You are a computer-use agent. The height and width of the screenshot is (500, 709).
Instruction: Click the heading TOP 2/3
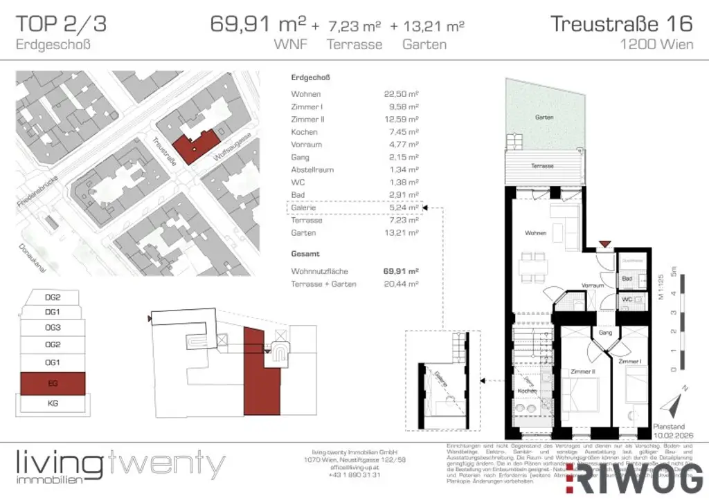[x=62, y=24]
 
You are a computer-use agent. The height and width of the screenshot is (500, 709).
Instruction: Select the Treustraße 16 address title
[x=621, y=24]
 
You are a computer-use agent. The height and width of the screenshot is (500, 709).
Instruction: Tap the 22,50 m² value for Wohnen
[x=402, y=94]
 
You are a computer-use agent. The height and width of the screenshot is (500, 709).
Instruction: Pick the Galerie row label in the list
[x=303, y=207]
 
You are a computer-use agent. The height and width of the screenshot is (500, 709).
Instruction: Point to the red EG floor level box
[x=53, y=383]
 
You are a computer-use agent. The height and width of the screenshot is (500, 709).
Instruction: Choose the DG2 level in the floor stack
[x=53, y=297]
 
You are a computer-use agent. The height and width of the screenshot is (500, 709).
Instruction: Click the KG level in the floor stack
[x=53, y=404]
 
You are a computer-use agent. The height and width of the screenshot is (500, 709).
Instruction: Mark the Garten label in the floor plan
[x=544, y=118]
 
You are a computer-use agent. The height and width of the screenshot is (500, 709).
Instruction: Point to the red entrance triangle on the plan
[x=605, y=244]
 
